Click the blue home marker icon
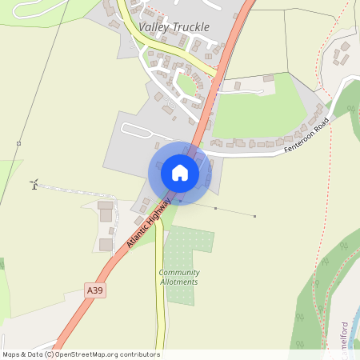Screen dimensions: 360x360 pos(179,173)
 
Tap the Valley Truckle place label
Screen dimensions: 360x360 pos(174,27)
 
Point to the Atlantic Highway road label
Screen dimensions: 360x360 pos(148,222)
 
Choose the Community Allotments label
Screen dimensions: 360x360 pos(179,277)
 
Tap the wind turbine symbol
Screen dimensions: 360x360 pos(34,185)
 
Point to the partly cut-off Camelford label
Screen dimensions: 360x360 pos(345,336)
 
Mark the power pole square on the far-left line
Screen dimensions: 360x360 pos(18,143)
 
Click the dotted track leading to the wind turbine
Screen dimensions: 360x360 pos(80,191)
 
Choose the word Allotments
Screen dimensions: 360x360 pos(179,282)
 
